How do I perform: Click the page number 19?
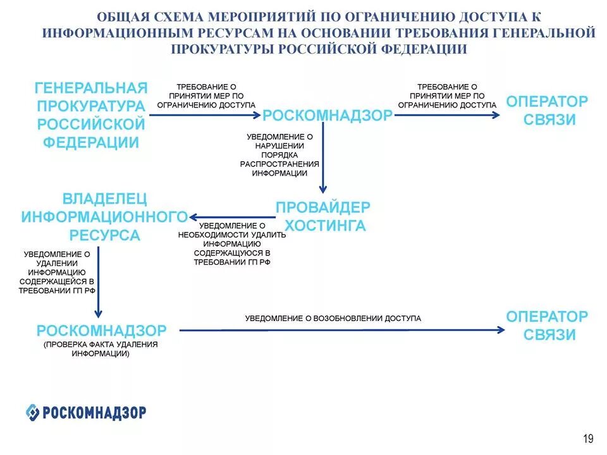588,439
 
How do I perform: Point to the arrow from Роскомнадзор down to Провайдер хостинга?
322,158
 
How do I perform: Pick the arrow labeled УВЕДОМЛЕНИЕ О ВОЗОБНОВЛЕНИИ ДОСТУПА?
341,329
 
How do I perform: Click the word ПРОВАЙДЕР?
323,207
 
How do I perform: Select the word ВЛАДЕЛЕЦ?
105,199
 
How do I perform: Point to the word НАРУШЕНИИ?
279,145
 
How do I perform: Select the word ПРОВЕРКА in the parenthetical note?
66,345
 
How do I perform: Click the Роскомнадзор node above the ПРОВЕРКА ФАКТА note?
101,331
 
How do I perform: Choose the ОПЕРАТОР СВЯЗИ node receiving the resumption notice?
547,325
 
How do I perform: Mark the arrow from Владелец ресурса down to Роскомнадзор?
98,281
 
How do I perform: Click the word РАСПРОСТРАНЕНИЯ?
279,163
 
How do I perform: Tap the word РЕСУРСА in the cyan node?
105,235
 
